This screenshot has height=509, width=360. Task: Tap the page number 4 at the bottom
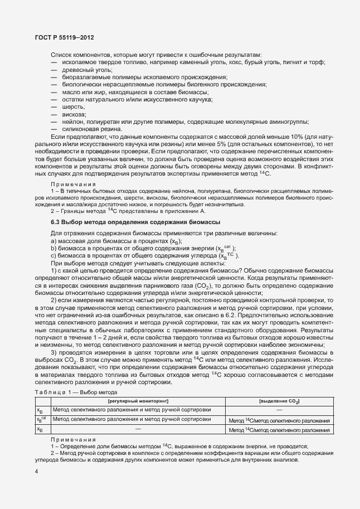pos(36,472)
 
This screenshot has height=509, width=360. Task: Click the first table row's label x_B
pos(40,425)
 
